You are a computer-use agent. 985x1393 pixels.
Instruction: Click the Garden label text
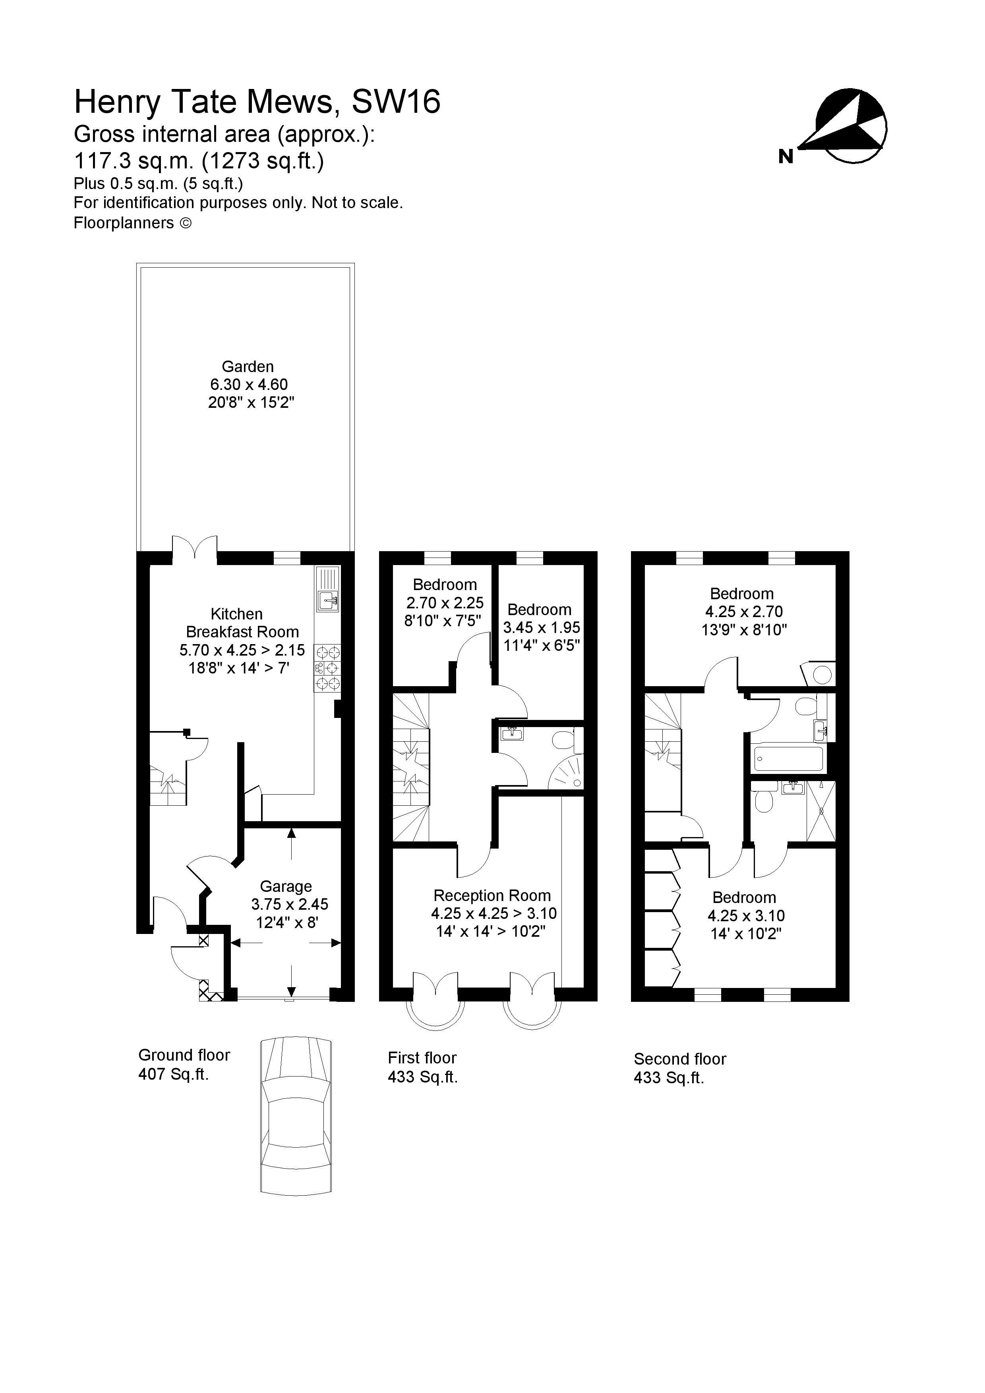coord(248,367)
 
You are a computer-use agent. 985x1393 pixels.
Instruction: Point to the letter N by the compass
coord(786,156)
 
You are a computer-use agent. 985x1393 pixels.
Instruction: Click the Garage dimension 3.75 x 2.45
coord(290,905)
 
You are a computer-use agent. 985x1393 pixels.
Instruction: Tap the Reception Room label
coord(492,895)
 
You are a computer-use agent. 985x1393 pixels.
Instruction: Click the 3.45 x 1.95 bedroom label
coord(541,627)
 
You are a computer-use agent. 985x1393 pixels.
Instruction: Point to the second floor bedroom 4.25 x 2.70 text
coord(743,612)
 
